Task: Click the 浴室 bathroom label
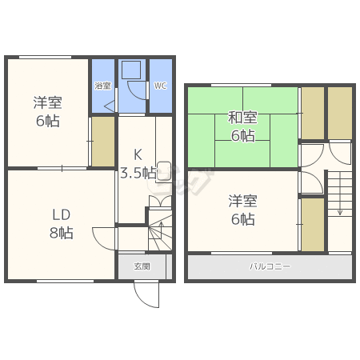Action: [103, 86]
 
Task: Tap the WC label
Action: [160, 86]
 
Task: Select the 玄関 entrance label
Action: [142, 266]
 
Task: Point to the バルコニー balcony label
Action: [270, 266]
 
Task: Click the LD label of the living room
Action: [62, 215]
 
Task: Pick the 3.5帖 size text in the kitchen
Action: [138, 173]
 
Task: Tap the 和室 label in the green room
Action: [242, 118]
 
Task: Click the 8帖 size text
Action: [62, 233]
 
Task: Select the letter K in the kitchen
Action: [138, 154]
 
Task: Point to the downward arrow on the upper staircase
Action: [340, 194]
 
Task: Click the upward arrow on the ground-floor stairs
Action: [161, 230]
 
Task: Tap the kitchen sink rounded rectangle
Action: [164, 171]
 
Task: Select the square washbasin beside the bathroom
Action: [131, 70]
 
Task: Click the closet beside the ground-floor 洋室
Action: [103, 142]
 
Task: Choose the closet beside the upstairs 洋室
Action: [313, 225]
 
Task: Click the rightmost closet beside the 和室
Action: [340, 113]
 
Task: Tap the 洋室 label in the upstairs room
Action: [242, 201]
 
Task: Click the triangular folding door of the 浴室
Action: [110, 106]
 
